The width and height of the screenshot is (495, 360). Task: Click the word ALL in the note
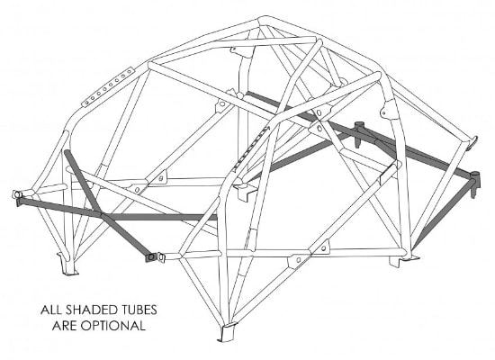(51, 310)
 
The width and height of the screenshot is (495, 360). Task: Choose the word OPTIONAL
(113, 325)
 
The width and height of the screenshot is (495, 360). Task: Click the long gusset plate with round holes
(108, 86)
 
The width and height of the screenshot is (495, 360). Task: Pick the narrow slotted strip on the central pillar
(252, 148)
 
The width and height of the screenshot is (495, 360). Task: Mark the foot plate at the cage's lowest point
(227, 332)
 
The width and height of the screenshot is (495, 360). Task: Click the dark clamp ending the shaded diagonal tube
(151, 257)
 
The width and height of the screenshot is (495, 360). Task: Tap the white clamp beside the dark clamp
(161, 257)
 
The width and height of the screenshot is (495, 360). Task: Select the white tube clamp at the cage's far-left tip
(17, 194)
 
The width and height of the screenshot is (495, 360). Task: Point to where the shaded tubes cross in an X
(102, 215)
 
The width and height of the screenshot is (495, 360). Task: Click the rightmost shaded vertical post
(474, 184)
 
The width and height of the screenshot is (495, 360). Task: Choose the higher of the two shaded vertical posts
(358, 134)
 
